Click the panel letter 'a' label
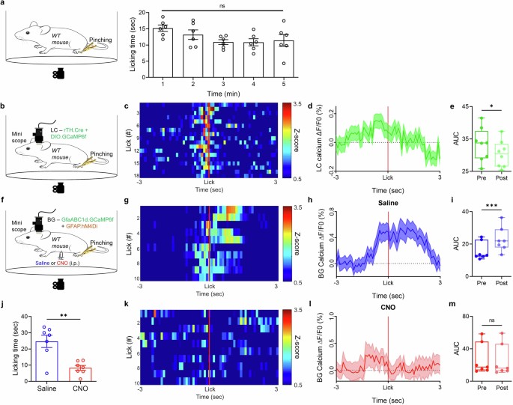(x=4, y=4)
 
